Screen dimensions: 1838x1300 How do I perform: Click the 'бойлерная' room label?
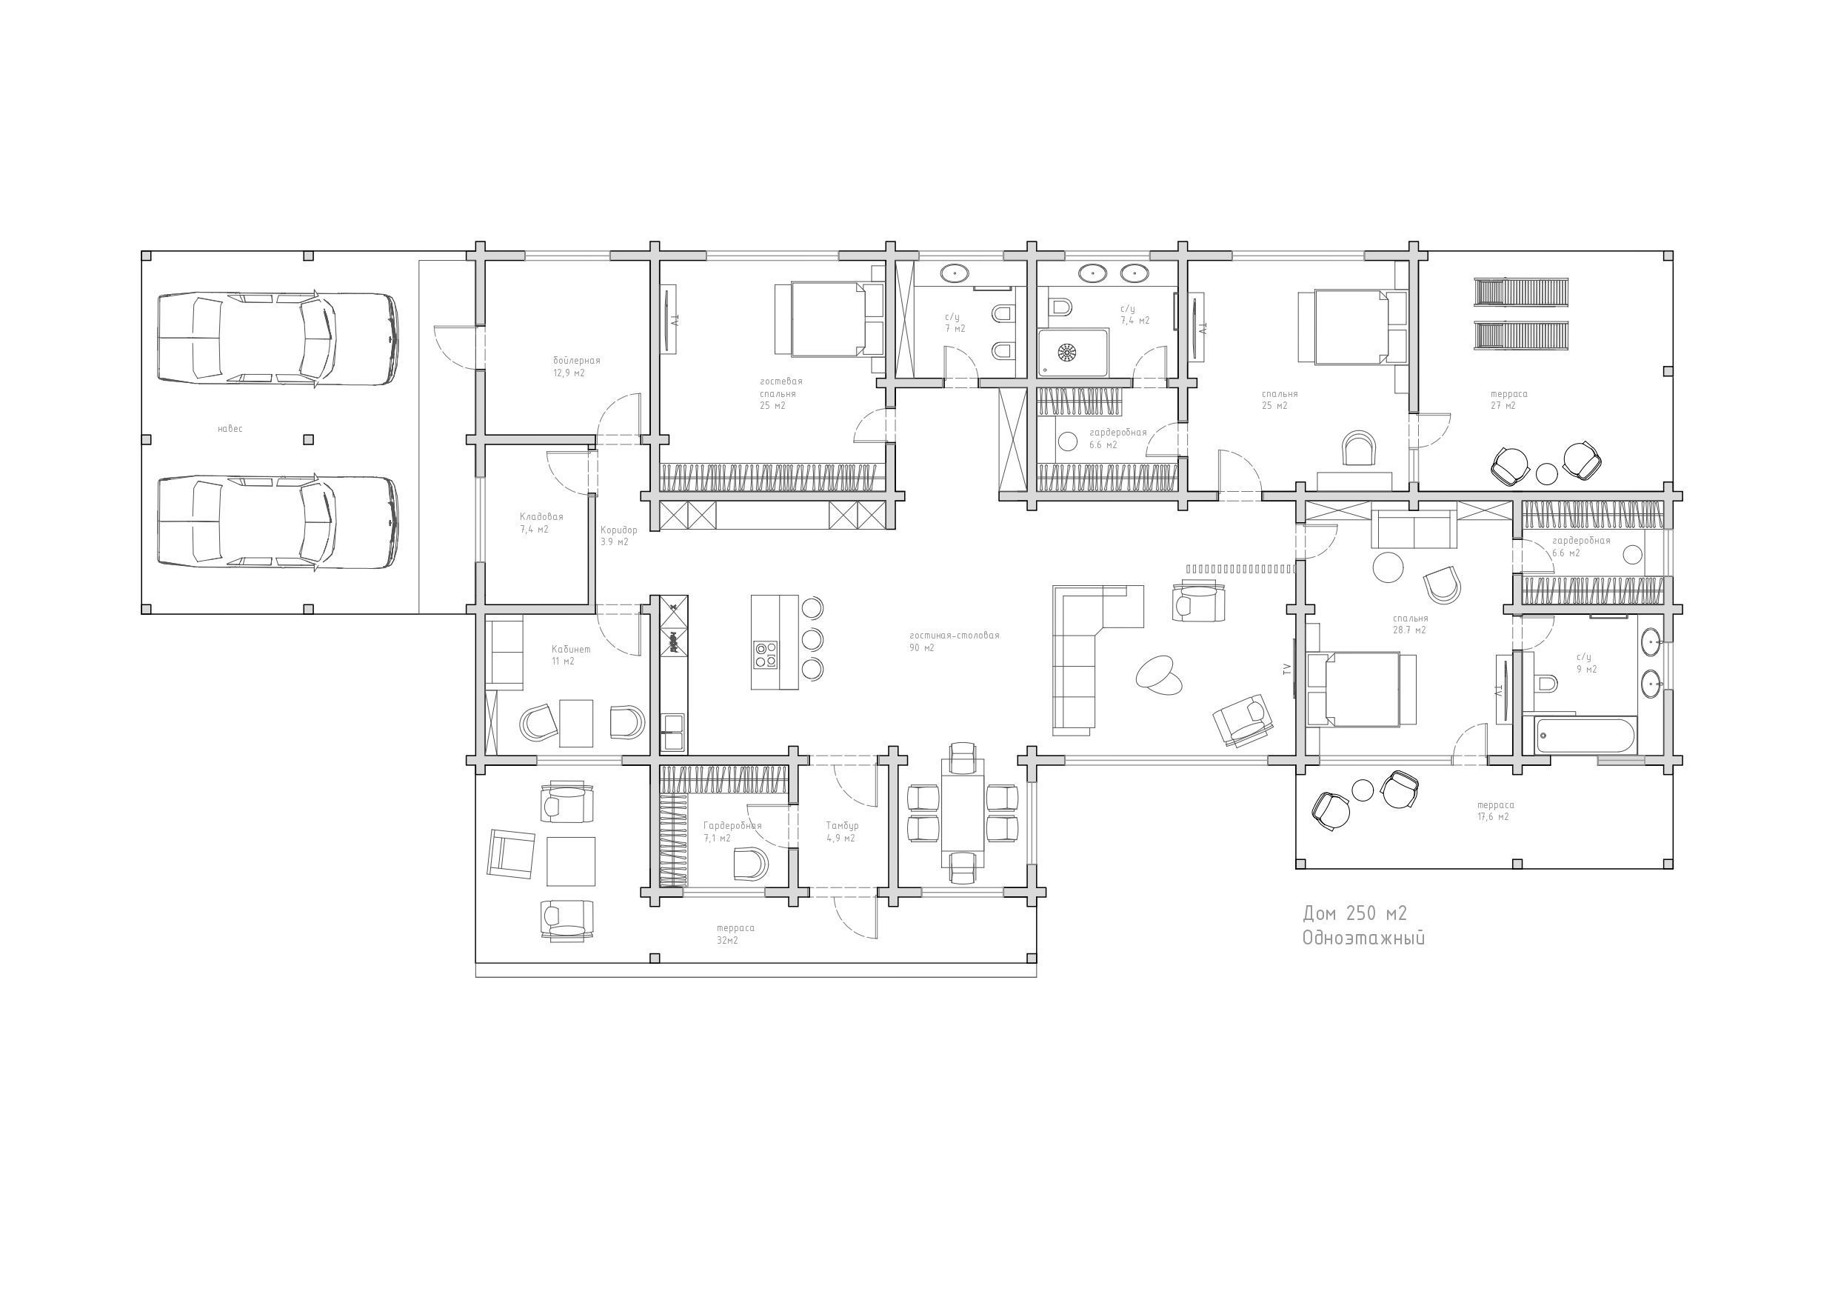coord(576,361)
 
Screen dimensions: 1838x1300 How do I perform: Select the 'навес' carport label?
coord(230,430)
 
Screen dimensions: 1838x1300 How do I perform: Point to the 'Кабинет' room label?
coord(571,650)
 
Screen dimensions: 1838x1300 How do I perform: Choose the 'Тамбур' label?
coord(842,826)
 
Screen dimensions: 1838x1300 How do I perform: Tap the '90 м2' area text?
coord(921,648)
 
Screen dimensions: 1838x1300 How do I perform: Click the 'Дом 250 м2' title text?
coord(1354,914)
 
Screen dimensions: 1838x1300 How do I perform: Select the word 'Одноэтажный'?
coord(1363,939)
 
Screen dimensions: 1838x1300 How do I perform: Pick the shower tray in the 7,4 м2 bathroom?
coord(1074,353)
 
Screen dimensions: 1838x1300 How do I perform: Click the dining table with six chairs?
coord(962,810)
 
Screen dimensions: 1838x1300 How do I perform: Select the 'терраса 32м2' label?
coord(735,934)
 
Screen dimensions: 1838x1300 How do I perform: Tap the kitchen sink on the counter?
coord(672,732)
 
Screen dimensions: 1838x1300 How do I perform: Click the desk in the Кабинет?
coord(576,722)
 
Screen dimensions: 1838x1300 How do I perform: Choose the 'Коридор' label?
coord(619,530)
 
